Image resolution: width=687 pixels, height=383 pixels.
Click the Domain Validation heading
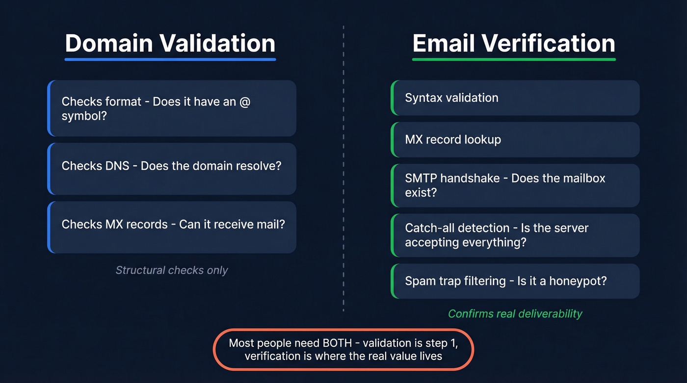pyautogui.click(x=170, y=43)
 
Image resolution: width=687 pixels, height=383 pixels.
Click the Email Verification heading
pyautogui.click(x=514, y=43)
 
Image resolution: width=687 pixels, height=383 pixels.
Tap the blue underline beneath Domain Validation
pyautogui.click(x=170, y=59)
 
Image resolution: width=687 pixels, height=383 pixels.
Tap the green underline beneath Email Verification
pyautogui.click(x=514, y=59)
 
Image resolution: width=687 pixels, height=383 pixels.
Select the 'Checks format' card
pyautogui.click(x=172, y=108)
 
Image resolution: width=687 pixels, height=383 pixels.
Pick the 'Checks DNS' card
pyautogui.click(x=172, y=169)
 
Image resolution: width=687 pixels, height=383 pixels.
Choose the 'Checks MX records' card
pyautogui.click(x=172, y=227)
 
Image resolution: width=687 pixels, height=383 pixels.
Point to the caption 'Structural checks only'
pyautogui.click(x=172, y=270)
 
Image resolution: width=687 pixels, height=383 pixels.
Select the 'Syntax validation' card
pyautogui.click(x=515, y=98)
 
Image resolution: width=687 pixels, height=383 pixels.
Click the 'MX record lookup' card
pyautogui.click(x=515, y=140)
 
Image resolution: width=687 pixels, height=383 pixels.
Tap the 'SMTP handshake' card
pyautogui.click(x=515, y=185)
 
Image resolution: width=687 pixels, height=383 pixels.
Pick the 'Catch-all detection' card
pyautogui.click(x=515, y=235)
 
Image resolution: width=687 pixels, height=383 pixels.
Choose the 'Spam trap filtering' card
pyautogui.click(x=515, y=281)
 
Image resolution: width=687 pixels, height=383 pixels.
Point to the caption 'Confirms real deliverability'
pyautogui.click(x=515, y=314)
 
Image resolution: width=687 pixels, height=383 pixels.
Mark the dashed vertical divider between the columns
pyautogui.click(x=343, y=167)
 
